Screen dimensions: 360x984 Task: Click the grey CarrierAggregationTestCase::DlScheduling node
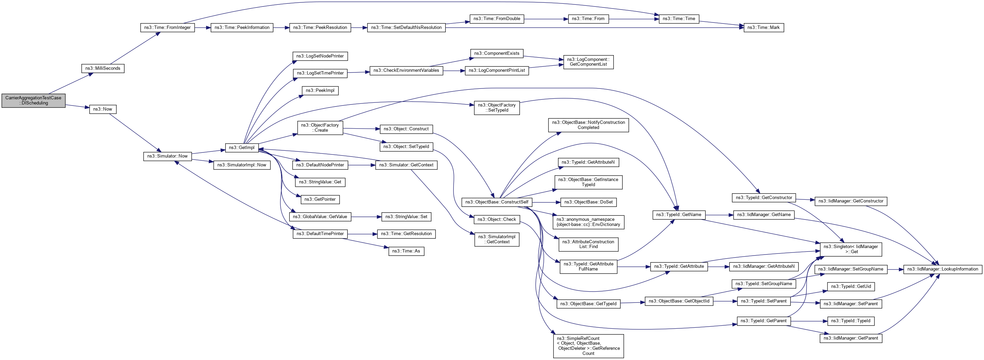[33, 100]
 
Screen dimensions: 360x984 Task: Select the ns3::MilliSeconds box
[103, 68]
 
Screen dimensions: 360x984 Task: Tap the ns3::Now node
[103, 109]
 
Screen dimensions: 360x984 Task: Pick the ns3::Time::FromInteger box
[167, 28]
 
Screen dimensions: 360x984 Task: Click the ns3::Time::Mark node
[763, 28]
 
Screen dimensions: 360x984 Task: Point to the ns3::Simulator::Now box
[167, 156]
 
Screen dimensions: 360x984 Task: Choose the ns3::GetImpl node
[242, 148]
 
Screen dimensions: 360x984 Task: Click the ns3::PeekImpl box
[320, 91]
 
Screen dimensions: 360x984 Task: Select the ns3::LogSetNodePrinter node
[320, 56]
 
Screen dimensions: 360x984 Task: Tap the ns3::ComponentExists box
[496, 53]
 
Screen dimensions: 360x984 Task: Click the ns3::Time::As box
[406, 251]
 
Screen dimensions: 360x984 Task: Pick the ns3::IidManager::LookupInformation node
[942, 269]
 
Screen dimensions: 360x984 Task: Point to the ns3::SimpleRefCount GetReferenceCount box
[588, 346]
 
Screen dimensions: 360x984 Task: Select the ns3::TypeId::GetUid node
[851, 287]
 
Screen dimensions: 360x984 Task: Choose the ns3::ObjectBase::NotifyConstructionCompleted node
[588, 125]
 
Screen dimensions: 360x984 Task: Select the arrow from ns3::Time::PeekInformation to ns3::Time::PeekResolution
[281, 28]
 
